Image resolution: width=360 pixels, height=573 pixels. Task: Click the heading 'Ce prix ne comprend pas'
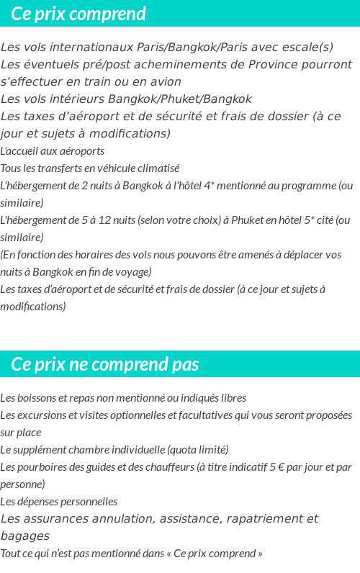coord(105,364)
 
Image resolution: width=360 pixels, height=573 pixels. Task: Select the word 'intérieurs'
coord(82,99)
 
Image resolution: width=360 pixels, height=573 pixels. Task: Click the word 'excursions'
coord(40,415)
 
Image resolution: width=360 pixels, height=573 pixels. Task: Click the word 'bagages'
coord(25,536)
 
